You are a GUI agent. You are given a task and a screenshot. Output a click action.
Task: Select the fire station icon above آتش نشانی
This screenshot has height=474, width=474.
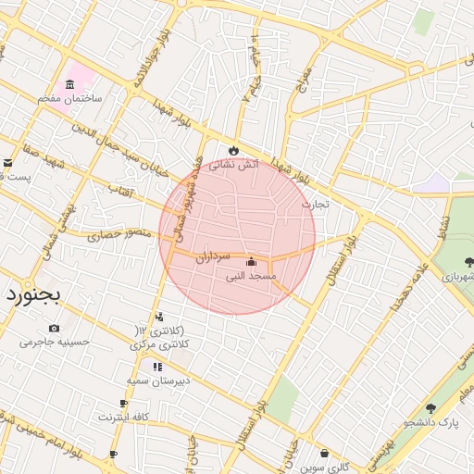click(x=232, y=151)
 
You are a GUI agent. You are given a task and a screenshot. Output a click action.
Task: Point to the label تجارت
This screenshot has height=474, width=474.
click(x=316, y=203)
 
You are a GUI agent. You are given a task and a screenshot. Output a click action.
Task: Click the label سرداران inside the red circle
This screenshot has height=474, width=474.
click(x=211, y=258)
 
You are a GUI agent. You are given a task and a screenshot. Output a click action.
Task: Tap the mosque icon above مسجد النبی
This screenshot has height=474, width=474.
click(x=251, y=261)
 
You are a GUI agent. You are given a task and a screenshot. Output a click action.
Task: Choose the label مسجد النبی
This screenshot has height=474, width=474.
click(x=251, y=276)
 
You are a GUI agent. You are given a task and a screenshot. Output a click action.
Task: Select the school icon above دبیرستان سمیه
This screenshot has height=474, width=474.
click(x=157, y=367)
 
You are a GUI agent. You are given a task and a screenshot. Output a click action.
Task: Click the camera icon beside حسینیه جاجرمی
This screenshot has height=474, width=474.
click(x=54, y=328)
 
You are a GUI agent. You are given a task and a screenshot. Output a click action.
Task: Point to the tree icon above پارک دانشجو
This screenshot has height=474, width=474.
click(x=430, y=408)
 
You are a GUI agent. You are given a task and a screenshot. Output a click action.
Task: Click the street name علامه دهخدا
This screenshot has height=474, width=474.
click(x=405, y=284)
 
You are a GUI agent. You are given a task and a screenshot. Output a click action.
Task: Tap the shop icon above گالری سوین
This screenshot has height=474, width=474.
click(x=325, y=453)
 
